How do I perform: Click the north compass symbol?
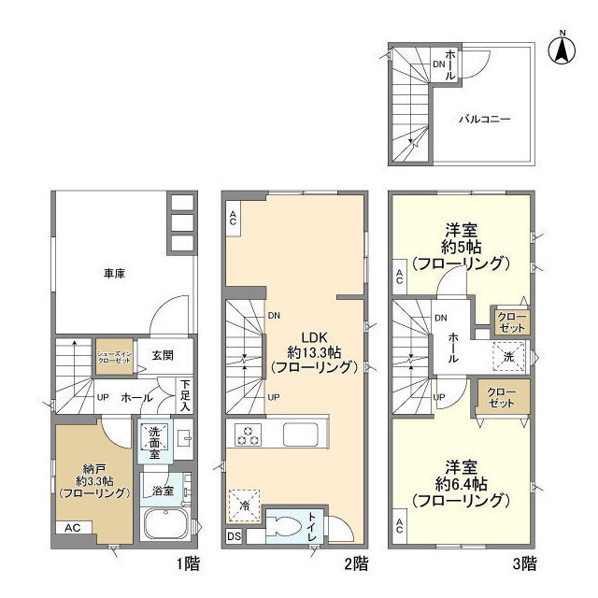(563, 49)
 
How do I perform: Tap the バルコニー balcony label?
(483, 120)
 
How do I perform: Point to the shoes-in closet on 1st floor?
(115, 355)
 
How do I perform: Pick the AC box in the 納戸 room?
(72, 528)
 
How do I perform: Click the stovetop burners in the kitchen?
(250, 434)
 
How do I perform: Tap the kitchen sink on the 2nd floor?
(302, 434)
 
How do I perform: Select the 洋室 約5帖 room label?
(463, 247)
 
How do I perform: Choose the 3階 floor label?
(522, 563)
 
